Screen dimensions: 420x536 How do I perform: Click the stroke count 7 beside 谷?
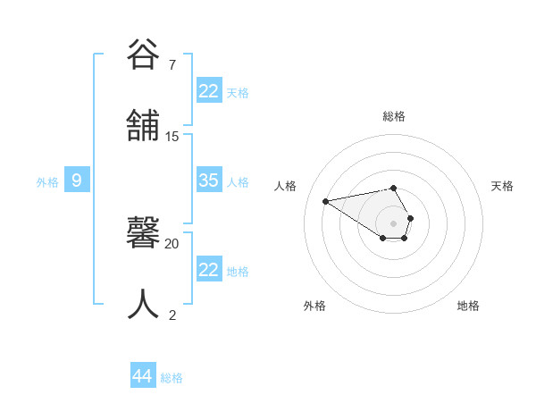pyautogui.click(x=172, y=65)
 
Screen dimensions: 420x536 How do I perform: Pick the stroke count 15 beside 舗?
pyautogui.click(x=172, y=137)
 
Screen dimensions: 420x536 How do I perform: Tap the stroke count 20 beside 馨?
pyautogui.click(x=172, y=243)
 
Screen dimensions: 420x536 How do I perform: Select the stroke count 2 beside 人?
pyautogui.click(x=172, y=315)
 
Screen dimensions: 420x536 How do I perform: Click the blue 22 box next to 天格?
pyautogui.click(x=209, y=91)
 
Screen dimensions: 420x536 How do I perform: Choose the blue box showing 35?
pyautogui.click(x=209, y=181)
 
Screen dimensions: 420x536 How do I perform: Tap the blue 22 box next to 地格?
pyautogui.click(x=209, y=270)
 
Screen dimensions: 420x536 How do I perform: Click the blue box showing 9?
pyautogui.click(x=77, y=181)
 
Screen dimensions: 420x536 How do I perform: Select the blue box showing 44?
pyautogui.click(x=143, y=376)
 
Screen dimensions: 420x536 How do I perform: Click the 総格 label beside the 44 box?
pyautogui.click(x=172, y=378)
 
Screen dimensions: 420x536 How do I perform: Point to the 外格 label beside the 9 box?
pyautogui.click(x=47, y=182)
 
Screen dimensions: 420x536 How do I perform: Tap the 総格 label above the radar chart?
pyautogui.click(x=394, y=116)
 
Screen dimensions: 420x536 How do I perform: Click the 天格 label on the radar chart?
pyautogui.click(x=503, y=186)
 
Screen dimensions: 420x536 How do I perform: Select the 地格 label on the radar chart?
pyautogui.click(x=468, y=306)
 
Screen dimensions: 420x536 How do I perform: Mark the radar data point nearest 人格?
pyautogui.click(x=326, y=200)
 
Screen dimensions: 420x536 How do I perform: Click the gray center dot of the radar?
pyautogui.click(x=394, y=223)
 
